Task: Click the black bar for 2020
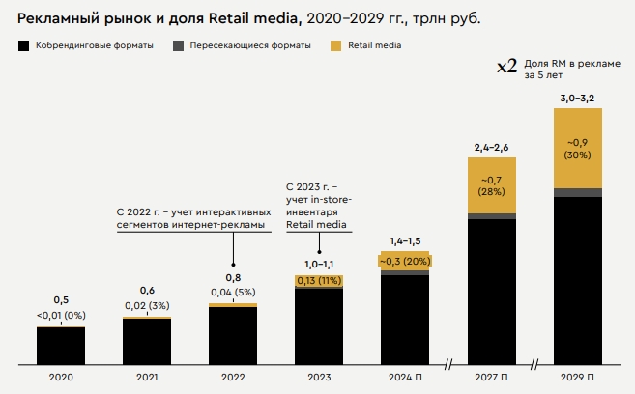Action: point(61,347)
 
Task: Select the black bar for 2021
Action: point(147,342)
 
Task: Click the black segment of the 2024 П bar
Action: point(405,321)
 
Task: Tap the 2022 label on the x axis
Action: point(233,379)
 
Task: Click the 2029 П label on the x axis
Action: point(577,379)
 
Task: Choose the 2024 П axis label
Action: point(405,379)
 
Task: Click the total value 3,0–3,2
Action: point(577,98)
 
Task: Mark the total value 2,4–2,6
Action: point(491,147)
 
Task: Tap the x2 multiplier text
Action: point(506,67)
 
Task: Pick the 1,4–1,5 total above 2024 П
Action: point(405,239)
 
